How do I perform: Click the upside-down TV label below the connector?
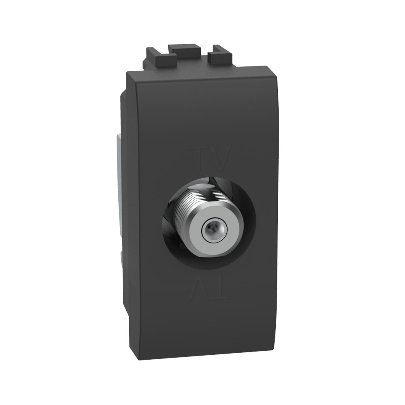(209, 287)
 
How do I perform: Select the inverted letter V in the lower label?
(200, 287)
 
